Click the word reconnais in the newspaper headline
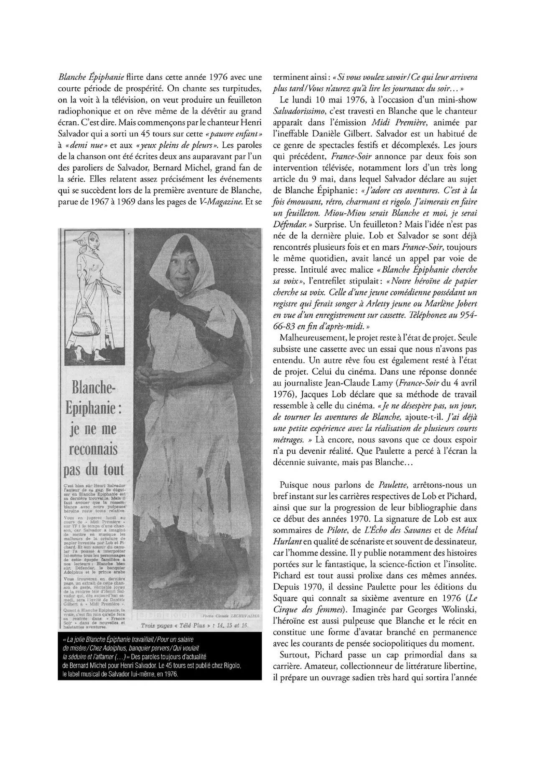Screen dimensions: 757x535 [x=93, y=449]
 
